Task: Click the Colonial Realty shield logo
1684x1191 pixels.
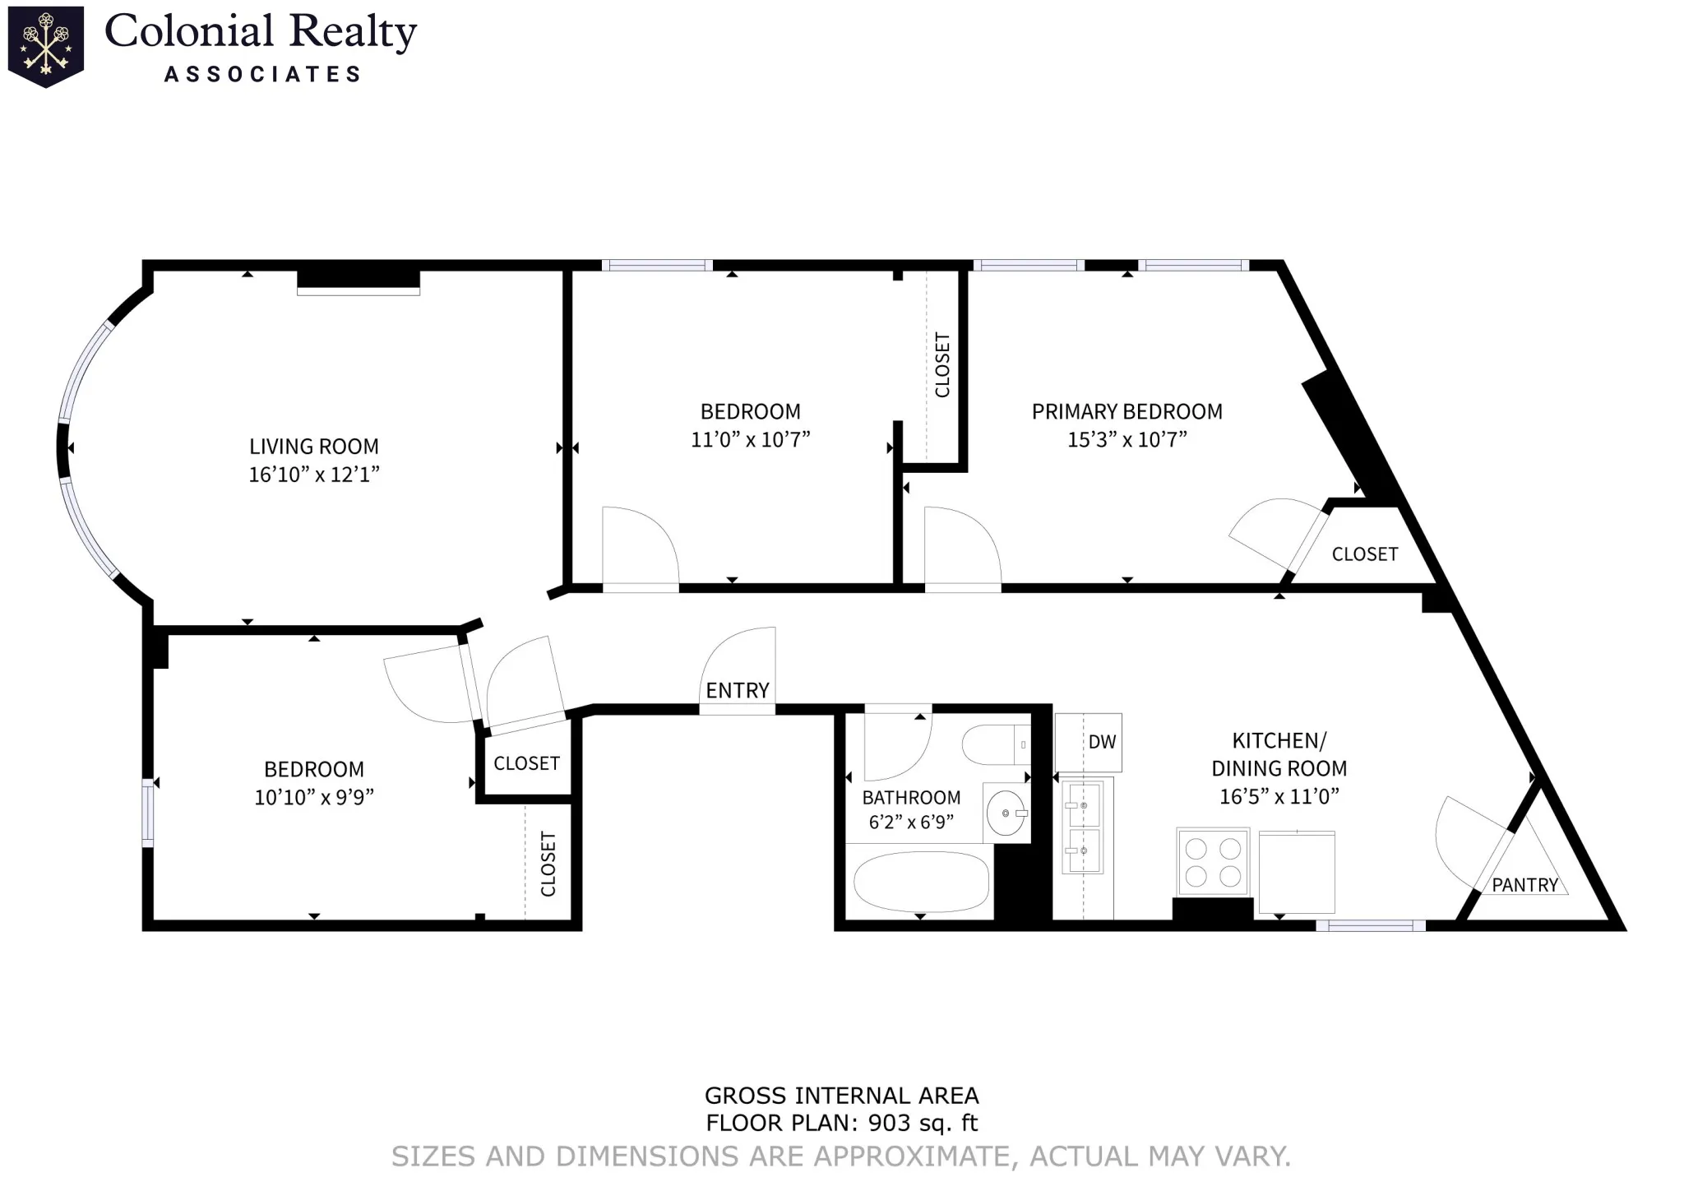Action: click(45, 46)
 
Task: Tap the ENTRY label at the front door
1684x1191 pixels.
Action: click(738, 690)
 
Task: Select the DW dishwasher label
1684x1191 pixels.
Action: click(1102, 742)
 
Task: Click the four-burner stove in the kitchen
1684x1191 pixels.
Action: click(1213, 862)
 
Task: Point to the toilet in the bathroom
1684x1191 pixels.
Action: click(996, 745)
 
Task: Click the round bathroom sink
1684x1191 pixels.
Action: click(1006, 813)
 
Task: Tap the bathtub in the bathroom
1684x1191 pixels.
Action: click(921, 883)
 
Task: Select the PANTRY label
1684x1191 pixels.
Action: click(1525, 885)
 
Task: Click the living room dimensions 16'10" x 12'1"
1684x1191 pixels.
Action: click(314, 475)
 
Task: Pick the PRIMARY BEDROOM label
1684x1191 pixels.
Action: click(1127, 411)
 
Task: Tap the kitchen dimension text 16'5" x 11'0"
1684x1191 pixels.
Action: click(1279, 796)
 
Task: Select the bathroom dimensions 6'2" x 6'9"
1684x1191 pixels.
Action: click(911, 822)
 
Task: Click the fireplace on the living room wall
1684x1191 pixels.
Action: click(359, 280)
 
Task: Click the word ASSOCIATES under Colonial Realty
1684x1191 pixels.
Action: click(262, 75)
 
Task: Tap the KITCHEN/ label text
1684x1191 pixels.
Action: click(1279, 740)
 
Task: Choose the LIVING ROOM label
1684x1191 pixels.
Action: click(314, 447)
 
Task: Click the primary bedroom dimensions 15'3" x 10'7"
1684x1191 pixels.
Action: click(1127, 440)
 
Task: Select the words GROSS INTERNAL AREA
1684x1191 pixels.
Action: click(841, 1096)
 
